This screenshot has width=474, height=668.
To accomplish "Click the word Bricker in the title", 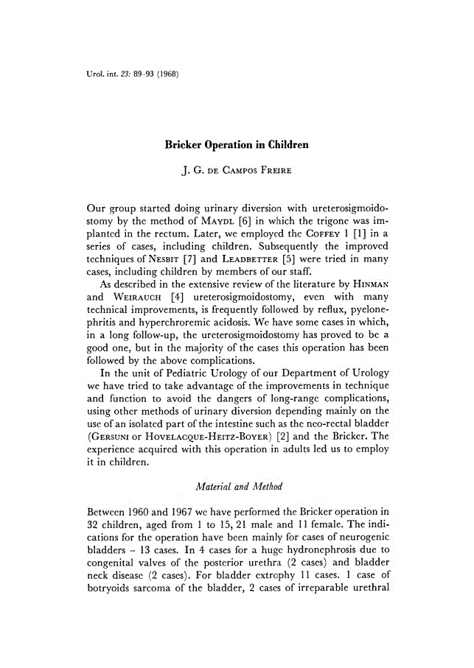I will pyautogui.click(x=186, y=145).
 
